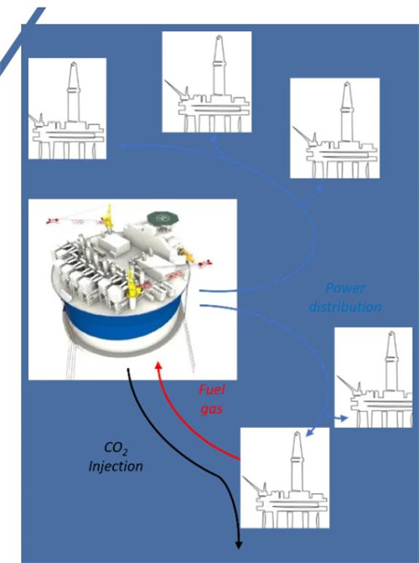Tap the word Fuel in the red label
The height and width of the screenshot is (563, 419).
212,390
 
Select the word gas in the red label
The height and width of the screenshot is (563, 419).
212,409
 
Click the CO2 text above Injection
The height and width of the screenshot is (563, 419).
116,448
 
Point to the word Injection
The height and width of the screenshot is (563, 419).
116,466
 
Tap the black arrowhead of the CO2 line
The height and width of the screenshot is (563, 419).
238,545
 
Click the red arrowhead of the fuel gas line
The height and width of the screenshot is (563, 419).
158,366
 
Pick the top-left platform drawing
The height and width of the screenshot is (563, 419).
67,108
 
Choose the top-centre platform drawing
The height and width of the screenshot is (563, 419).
207,82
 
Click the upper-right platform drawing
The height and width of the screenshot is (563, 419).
334,128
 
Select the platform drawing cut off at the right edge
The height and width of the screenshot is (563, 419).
374,378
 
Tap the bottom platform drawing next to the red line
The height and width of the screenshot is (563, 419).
284,478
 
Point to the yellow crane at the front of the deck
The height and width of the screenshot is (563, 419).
133,284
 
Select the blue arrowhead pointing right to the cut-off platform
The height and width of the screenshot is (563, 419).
344,419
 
